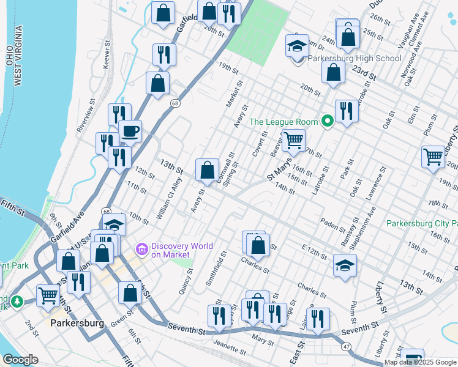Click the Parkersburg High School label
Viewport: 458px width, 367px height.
[354, 59]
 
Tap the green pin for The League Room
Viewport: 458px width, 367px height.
[328, 122]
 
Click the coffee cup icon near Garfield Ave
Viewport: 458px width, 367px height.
[130, 130]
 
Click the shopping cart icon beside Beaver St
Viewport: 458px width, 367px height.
[293, 140]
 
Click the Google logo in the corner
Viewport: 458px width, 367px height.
[20, 360]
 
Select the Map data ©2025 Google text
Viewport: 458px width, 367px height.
[420, 362]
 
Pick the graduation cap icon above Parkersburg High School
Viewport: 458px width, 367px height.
[297, 46]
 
